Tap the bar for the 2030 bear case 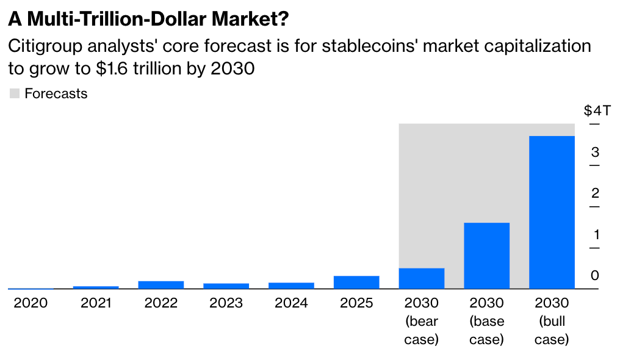pyautogui.click(x=421, y=278)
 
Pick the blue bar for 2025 pyautogui.click(x=356, y=282)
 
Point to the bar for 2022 pyautogui.click(x=161, y=284)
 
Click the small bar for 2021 pyautogui.click(x=96, y=287)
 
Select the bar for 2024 pyautogui.click(x=291, y=285)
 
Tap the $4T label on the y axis pyautogui.click(x=597, y=111)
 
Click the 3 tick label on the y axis pyautogui.click(x=595, y=152)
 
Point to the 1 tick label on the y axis pyautogui.click(x=595, y=234)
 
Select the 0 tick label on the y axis pyautogui.click(x=595, y=275)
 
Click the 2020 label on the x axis pyautogui.click(x=31, y=303)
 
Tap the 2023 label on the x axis pyautogui.click(x=226, y=303)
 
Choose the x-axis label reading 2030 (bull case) pyautogui.click(x=552, y=321)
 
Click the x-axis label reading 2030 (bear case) pyautogui.click(x=421, y=321)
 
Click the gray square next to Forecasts pyautogui.click(x=15, y=94)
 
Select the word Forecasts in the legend pyautogui.click(x=56, y=94)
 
